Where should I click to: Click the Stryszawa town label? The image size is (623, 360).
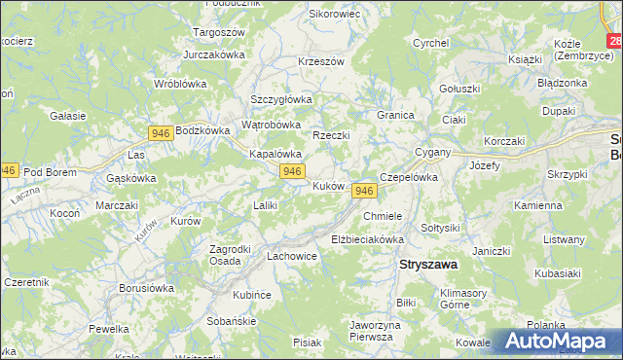tap(430, 264)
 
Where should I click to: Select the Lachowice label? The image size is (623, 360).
tap(292, 257)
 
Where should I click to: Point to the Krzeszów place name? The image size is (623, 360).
tap(321, 61)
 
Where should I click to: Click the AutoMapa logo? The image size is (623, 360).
tap(558, 342)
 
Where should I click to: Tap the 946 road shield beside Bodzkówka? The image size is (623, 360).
tap(163, 130)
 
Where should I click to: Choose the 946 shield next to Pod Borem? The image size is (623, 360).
tap(8, 170)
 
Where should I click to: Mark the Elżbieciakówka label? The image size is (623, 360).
tap(367, 238)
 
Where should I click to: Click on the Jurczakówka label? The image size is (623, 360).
tap(212, 54)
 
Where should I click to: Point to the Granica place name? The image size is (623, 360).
tap(396, 115)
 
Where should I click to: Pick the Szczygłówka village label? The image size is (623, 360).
tap(281, 99)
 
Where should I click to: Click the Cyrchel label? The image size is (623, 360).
tap(430, 43)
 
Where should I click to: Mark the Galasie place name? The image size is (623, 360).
tap(68, 115)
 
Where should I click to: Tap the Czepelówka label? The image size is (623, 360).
tap(409, 178)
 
